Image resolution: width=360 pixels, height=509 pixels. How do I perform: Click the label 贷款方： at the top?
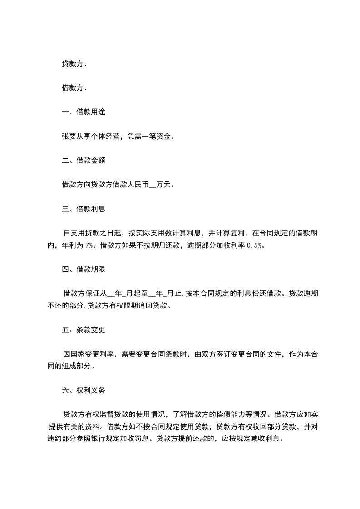[74, 64]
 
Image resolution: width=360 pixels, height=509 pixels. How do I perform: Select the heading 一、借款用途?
[84, 112]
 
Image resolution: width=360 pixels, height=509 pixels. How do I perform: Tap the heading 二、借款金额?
[84, 161]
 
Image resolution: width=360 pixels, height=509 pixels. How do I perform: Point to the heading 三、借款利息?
[84, 209]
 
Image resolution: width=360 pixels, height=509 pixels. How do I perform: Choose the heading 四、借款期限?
[84, 269]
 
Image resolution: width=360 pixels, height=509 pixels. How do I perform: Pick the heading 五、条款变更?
[84, 329]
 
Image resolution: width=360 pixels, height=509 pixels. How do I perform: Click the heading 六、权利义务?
[84, 390]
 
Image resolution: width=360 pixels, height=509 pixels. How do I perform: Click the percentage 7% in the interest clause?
[89, 245]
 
